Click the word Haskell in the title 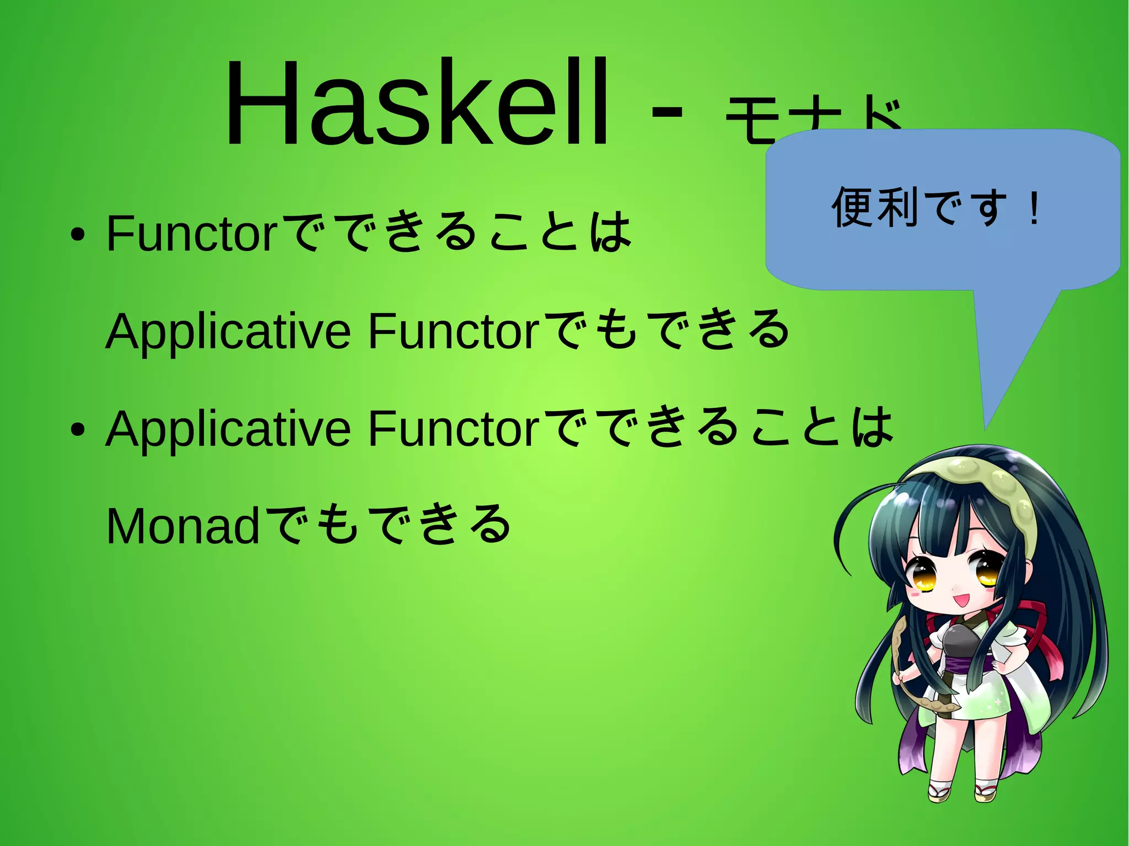[417, 104]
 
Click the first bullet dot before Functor [78, 235]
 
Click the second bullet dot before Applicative [78, 430]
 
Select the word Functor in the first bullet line [191, 234]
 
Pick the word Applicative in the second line [228, 332]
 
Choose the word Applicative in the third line [228, 429]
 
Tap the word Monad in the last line [182, 526]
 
